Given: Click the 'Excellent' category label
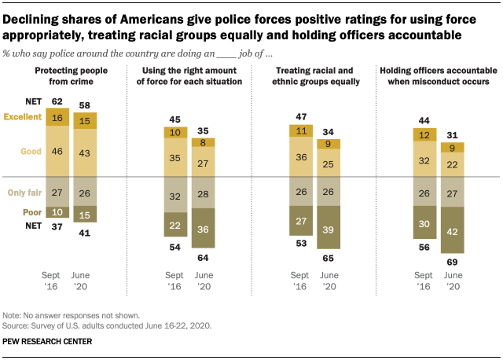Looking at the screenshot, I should coord(22,117).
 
